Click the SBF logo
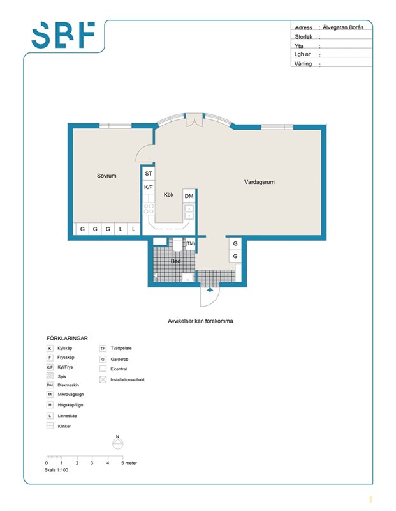coord(64,35)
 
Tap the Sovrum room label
coord(106,176)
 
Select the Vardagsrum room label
coord(260,182)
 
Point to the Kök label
coord(168,195)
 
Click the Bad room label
coord(176,261)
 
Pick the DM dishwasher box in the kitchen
coord(189,196)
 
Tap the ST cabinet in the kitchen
coord(149,173)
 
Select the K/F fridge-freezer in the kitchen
coord(149,187)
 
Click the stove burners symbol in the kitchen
coord(149,208)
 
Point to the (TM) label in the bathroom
coord(191,243)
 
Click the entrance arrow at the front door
coord(210,289)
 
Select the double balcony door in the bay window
coord(194,119)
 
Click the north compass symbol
coord(118,443)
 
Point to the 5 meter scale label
coord(129,463)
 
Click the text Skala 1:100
coord(56,470)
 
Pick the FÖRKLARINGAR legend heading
coord(67,339)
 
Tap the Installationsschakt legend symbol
coord(103,379)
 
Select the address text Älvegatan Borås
coord(343,27)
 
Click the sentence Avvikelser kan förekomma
coord(200,321)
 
